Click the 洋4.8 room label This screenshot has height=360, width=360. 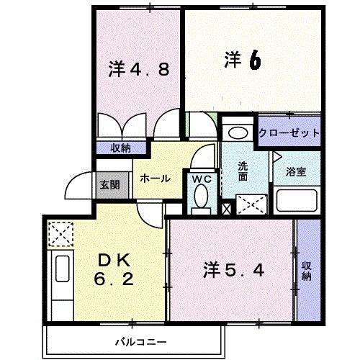pyautogui.click(x=139, y=69)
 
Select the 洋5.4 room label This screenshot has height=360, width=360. pyautogui.click(x=234, y=270)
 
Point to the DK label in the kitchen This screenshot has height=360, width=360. pyautogui.click(x=114, y=260)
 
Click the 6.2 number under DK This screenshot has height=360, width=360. pyautogui.click(x=114, y=279)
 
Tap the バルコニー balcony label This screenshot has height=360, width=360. pyautogui.click(x=141, y=342)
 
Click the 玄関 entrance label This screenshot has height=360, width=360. pyautogui.click(x=109, y=185)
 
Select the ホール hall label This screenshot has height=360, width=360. pyautogui.click(x=155, y=179)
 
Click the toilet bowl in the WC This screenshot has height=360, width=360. pyautogui.click(x=201, y=196)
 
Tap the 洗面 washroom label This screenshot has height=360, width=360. pyautogui.click(x=243, y=171)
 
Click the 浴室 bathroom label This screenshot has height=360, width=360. pyautogui.click(x=296, y=172)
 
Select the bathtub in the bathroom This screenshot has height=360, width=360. pyautogui.click(x=297, y=200)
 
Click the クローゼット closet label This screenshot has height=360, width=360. pyautogui.click(x=289, y=132)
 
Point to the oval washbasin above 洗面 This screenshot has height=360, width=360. pyautogui.click(x=238, y=133)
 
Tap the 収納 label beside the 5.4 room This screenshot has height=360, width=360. pyautogui.click(x=307, y=271)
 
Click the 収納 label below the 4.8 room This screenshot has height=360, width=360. pyautogui.click(x=121, y=148)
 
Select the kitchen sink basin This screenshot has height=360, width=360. pyautogui.click(x=63, y=269)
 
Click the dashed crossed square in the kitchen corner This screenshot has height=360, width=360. pyautogui.click(x=60, y=234)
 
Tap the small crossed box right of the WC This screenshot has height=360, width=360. pyautogui.click(x=226, y=209)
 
